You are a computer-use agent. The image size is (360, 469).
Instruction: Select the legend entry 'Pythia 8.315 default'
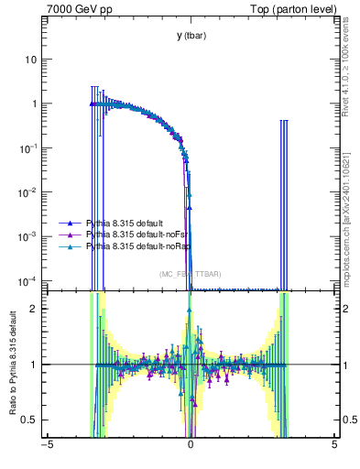click(x=125, y=224)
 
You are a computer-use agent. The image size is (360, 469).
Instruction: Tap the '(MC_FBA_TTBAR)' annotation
click(x=191, y=274)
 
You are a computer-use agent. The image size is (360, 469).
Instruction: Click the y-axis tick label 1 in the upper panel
click(x=34, y=104)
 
